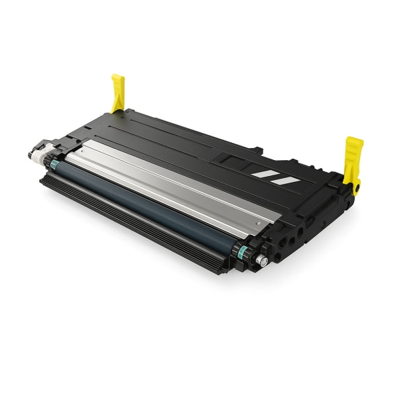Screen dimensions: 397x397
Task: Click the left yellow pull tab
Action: pyautogui.click(x=118, y=91)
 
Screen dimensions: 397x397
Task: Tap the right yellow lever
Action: pyautogui.click(x=353, y=159)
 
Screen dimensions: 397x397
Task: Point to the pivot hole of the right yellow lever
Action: pyautogui.click(x=356, y=188)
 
